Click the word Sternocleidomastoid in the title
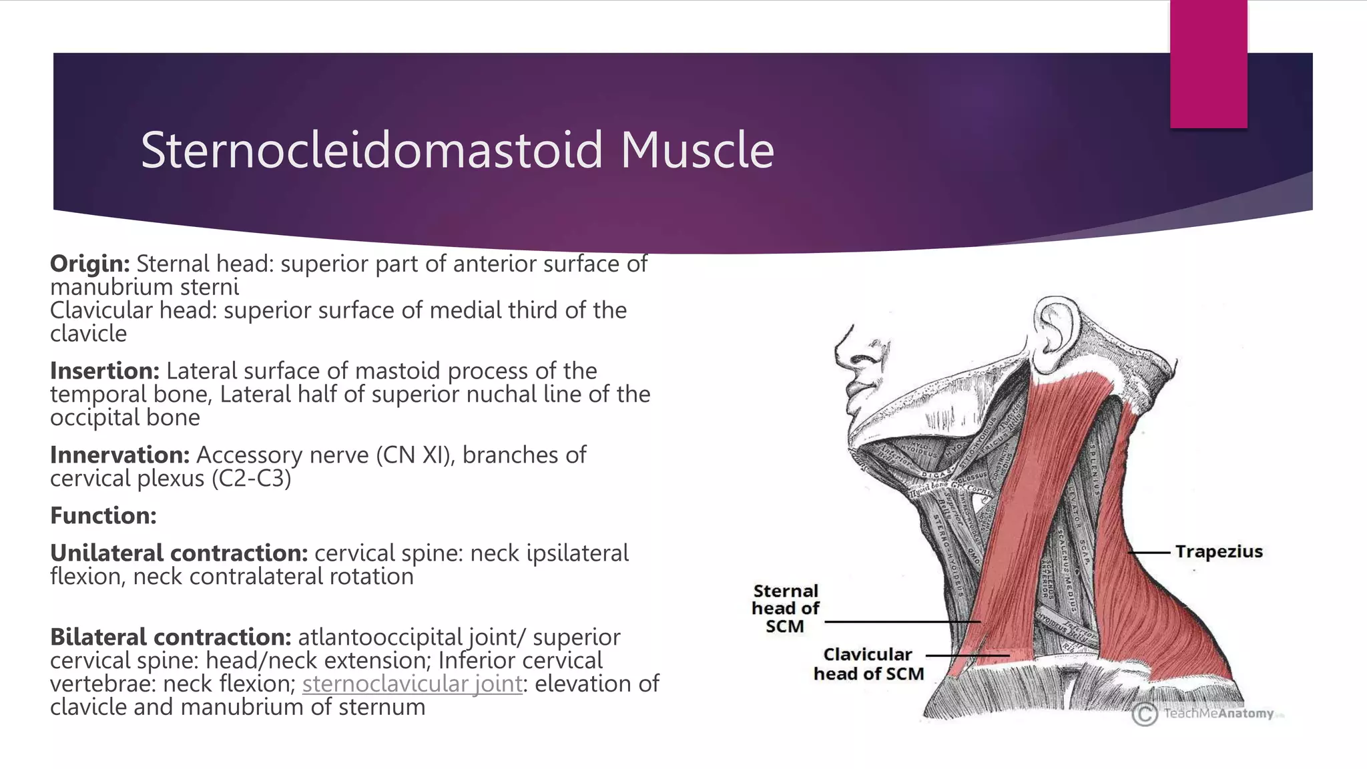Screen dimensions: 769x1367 point(371,150)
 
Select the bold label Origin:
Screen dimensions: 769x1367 point(89,264)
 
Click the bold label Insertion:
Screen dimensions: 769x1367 point(104,370)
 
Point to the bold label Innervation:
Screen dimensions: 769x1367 point(119,455)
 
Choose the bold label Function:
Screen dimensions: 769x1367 point(103,515)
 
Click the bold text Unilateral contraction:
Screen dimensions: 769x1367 point(178,553)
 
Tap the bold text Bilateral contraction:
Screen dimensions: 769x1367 point(170,637)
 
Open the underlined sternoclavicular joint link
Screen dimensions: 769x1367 point(412,684)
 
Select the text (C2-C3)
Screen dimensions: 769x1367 point(251,479)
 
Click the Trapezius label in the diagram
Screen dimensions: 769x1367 point(1219,552)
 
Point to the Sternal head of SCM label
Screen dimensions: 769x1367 point(785,608)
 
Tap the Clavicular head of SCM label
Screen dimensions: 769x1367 point(868,664)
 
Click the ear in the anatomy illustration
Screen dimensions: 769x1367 point(1055,331)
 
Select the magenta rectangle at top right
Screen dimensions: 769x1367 point(1208,63)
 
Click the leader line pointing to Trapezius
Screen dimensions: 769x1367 point(1149,553)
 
